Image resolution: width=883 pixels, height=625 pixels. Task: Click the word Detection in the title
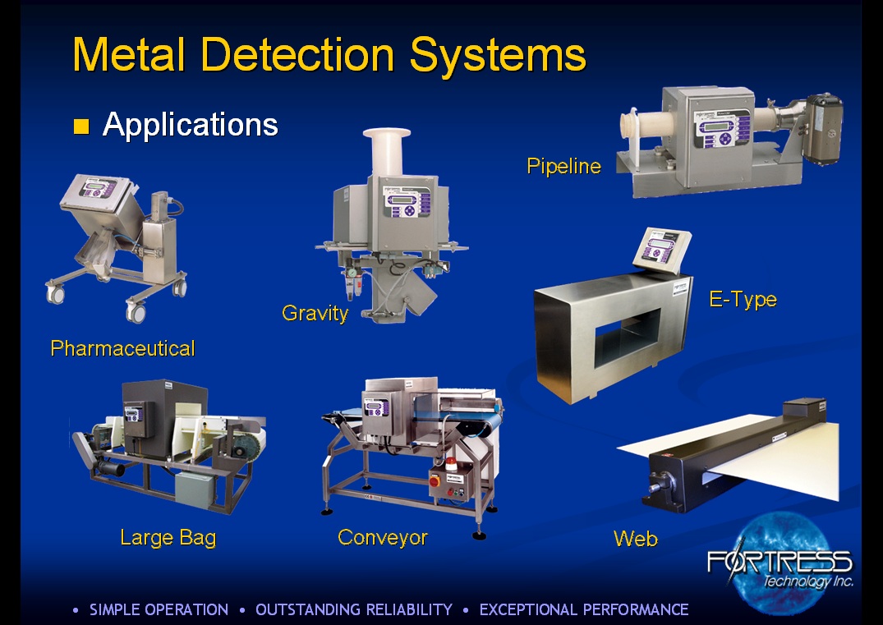click(x=297, y=54)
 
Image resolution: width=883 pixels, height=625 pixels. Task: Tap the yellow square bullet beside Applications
click(x=81, y=126)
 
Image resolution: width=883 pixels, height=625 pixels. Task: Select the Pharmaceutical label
click(x=122, y=348)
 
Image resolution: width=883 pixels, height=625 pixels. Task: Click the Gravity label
click(x=315, y=313)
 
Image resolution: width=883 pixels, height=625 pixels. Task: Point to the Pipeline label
click(x=563, y=166)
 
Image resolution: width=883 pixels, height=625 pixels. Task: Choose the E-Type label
click(x=743, y=299)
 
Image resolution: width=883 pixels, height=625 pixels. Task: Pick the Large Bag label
click(x=168, y=538)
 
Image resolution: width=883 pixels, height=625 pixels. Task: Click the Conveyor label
click(x=383, y=537)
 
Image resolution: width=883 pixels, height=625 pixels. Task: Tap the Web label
click(x=635, y=539)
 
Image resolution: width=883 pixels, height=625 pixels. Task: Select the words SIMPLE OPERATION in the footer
click(x=159, y=609)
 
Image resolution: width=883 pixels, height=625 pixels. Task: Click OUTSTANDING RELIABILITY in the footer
click(x=354, y=609)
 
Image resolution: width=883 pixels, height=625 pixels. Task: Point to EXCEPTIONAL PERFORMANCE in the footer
click(x=584, y=609)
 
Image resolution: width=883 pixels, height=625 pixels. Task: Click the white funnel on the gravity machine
click(x=386, y=150)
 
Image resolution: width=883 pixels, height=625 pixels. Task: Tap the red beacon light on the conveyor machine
click(x=450, y=464)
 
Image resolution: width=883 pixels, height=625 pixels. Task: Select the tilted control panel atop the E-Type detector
click(x=662, y=250)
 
